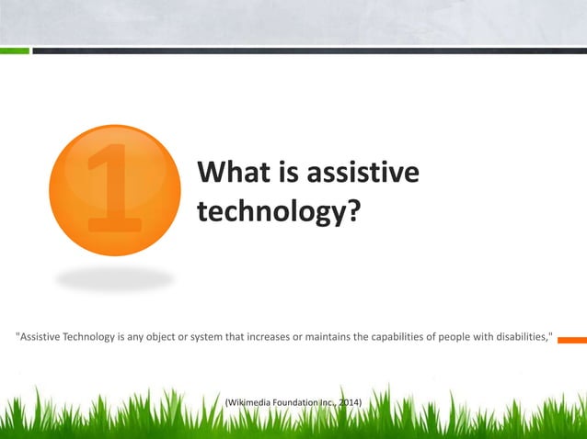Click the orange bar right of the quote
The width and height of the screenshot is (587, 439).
(x=571, y=338)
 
